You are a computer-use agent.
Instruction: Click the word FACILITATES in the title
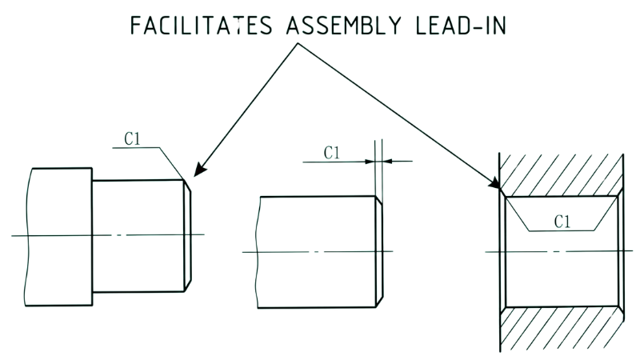click(x=201, y=26)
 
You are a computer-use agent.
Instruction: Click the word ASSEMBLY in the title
click(x=344, y=26)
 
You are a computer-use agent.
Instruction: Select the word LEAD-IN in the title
click(x=461, y=26)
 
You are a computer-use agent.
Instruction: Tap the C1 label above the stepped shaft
click(x=132, y=138)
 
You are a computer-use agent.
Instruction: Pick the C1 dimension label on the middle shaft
click(x=332, y=153)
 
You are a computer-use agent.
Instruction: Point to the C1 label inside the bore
click(x=562, y=222)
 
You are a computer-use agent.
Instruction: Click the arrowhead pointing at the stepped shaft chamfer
click(x=198, y=170)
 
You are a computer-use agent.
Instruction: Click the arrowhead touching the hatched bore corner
click(x=494, y=182)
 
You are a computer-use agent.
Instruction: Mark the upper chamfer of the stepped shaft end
click(x=187, y=186)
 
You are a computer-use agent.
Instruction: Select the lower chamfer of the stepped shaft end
click(x=187, y=286)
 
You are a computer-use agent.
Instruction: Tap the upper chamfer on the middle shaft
click(x=379, y=200)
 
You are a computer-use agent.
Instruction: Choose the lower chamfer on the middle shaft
click(x=379, y=302)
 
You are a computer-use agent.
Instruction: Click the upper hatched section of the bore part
click(x=562, y=174)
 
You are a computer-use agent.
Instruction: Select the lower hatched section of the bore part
click(x=562, y=328)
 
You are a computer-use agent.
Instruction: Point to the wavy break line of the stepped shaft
click(x=26, y=237)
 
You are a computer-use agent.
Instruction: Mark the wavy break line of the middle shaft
click(x=257, y=252)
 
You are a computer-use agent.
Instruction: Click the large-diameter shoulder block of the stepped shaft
click(x=58, y=237)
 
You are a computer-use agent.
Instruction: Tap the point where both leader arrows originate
click(x=298, y=43)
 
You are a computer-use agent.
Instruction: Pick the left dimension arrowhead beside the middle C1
click(x=370, y=162)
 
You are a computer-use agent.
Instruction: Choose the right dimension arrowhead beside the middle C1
click(x=388, y=162)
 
